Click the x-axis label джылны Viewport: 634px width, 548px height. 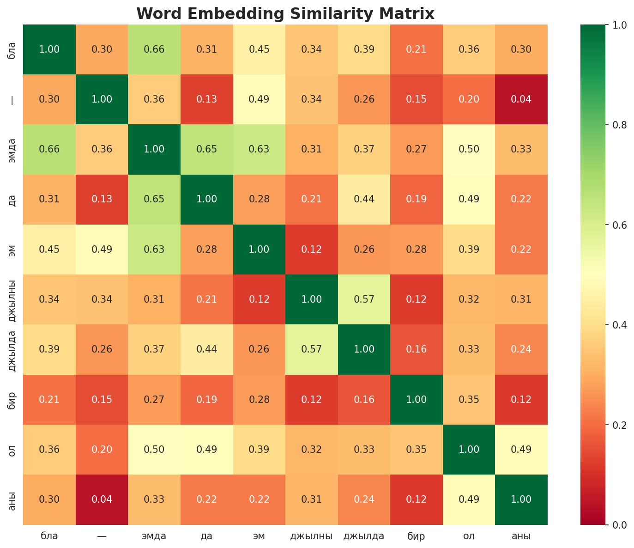click(x=311, y=536)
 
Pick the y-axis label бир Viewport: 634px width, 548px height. click(x=12, y=400)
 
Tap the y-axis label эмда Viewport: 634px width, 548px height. click(x=12, y=149)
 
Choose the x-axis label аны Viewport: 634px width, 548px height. click(x=521, y=536)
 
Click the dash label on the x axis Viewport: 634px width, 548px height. click(x=102, y=536)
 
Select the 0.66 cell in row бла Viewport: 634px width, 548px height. click(x=154, y=49)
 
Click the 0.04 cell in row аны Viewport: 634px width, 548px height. click(x=102, y=499)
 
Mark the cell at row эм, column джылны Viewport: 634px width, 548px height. click(x=311, y=250)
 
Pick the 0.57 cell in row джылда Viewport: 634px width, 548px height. click(x=311, y=349)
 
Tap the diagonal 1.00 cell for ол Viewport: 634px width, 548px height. click(x=469, y=450)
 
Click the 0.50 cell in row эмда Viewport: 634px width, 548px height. click(x=469, y=149)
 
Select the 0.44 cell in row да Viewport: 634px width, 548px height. click(x=364, y=199)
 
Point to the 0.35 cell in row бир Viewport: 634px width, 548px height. click(x=469, y=400)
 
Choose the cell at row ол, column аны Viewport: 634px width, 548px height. click(x=521, y=450)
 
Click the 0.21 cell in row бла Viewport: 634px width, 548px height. click(x=416, y=49)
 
